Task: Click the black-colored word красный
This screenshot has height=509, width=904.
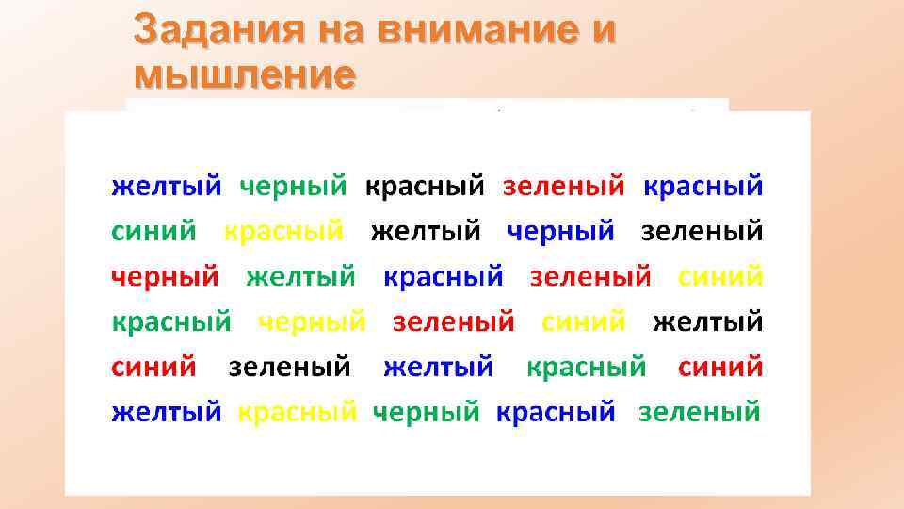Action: click(x=425, y=186)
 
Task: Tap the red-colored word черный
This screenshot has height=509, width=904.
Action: click(x=166, y=277)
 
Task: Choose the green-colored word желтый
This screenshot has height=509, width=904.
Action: click(x=301, y=277)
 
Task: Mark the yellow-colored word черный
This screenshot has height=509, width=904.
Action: click(x=312, y=322)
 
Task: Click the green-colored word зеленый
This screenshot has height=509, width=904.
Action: click(x=699, y=413)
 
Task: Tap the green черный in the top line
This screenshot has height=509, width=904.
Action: click(x=293, y=186)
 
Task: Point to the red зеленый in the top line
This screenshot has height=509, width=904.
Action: click(x=563, y=186)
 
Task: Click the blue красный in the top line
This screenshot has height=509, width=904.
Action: click(x=702, y=186)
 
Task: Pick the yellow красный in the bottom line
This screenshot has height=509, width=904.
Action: click(x=298, y=413)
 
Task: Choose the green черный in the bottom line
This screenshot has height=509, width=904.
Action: click(x=427, y=413)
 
